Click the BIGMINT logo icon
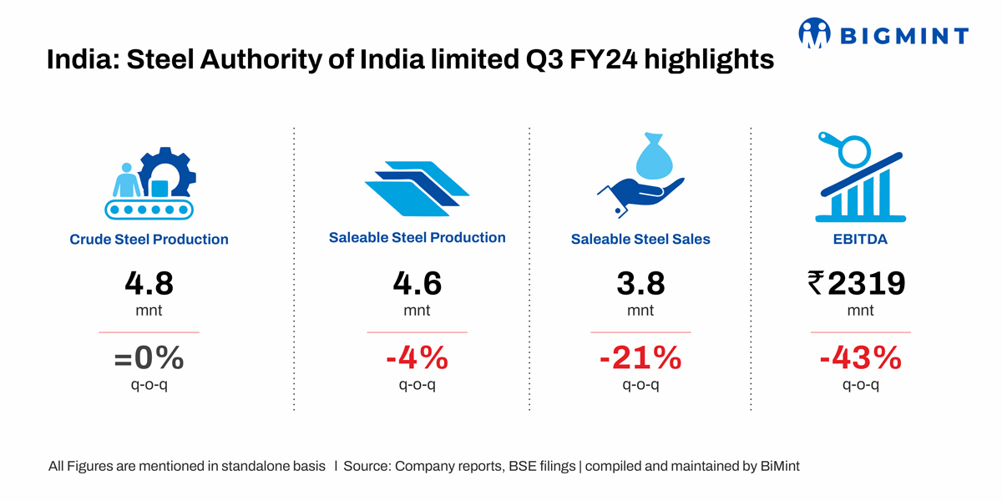click(x=816, y=33)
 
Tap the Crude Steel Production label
click(x=149, y=240)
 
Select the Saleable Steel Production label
click(x=417, y=238)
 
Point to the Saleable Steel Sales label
click(x=640, y=240)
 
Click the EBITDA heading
click(x=860, y=240)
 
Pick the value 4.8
click(x=149, y=284)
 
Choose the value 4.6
click(x=417, y=284)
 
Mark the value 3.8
click(x=640, y=284)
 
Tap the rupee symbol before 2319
click(x=815, y=284)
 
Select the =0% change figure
click(x=149, y=358)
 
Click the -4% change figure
click(x=417, y=358)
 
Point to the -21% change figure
click(x=640, y=358)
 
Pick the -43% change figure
click(x=860, y=358)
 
